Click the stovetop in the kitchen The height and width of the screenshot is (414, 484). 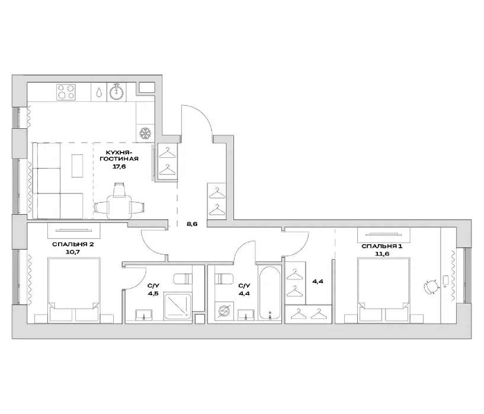pyautogui.click(x=66, y=92)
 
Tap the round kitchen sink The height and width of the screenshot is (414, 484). pyautogui.click(x=117, y=92)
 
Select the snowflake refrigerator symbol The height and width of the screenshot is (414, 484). pyautogui.click(x=145, y=134)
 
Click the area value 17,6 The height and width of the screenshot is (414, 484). pyautogui.click(x=119, y=167)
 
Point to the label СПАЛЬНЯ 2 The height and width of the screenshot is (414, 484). pyautogui.click(x=73, y=244)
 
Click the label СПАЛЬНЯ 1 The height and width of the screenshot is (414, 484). pyautogui.click(x=382, y=246)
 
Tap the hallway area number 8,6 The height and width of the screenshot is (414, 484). pyautogui.click(x=192, y=224)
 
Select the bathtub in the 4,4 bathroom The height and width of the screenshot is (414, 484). pyautogui.click(x=270, y=293)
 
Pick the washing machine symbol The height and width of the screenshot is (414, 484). pyautogui.click(x=223, y=311)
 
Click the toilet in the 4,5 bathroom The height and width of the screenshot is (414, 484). pyautogui.click(x=182, y=279)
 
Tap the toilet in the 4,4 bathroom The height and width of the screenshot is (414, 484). pyautogui.click(x=225, y=279)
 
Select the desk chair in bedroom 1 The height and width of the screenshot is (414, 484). pyautogui.click(x=431, y=287)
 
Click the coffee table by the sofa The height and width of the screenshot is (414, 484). pyautogui.click(x=77, y=166)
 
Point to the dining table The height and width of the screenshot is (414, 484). pyautogui.click(x=119, y=206)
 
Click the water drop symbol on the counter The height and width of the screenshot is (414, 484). pyautogui.click(x=99, y=92)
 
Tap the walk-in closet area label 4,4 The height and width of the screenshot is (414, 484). pyautogui.click(x=318, y=282)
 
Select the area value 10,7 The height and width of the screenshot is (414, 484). pyautogui.click(x=73, y=252)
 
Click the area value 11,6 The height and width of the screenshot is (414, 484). pyautogui.click(x=382, y=254)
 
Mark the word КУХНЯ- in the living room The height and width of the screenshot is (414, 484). pyautogui.click(x=119, y=153)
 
